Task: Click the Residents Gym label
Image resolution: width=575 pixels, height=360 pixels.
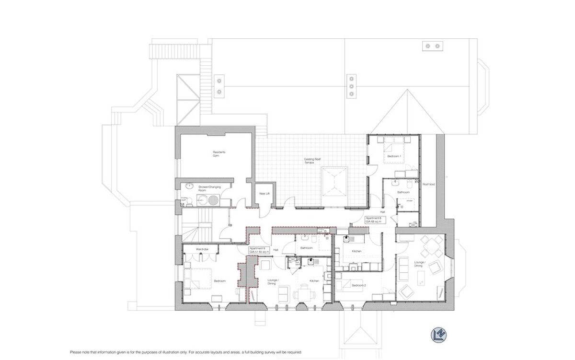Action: pos(218,154)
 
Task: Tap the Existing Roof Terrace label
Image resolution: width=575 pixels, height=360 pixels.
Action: pos(309,161)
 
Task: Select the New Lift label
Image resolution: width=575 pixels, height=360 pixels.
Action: pos(263,194)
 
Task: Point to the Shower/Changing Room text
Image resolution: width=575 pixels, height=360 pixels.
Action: pos(205,188)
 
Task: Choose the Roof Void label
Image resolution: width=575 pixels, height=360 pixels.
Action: pos(428,184)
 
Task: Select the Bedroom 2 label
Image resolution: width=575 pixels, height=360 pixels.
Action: pos(358,286)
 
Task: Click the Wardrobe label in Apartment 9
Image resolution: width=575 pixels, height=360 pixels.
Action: pos(201,250)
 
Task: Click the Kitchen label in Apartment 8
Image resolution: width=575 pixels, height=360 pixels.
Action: pos(356,251)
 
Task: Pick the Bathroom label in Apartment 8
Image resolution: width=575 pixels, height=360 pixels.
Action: pos(403,192)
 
